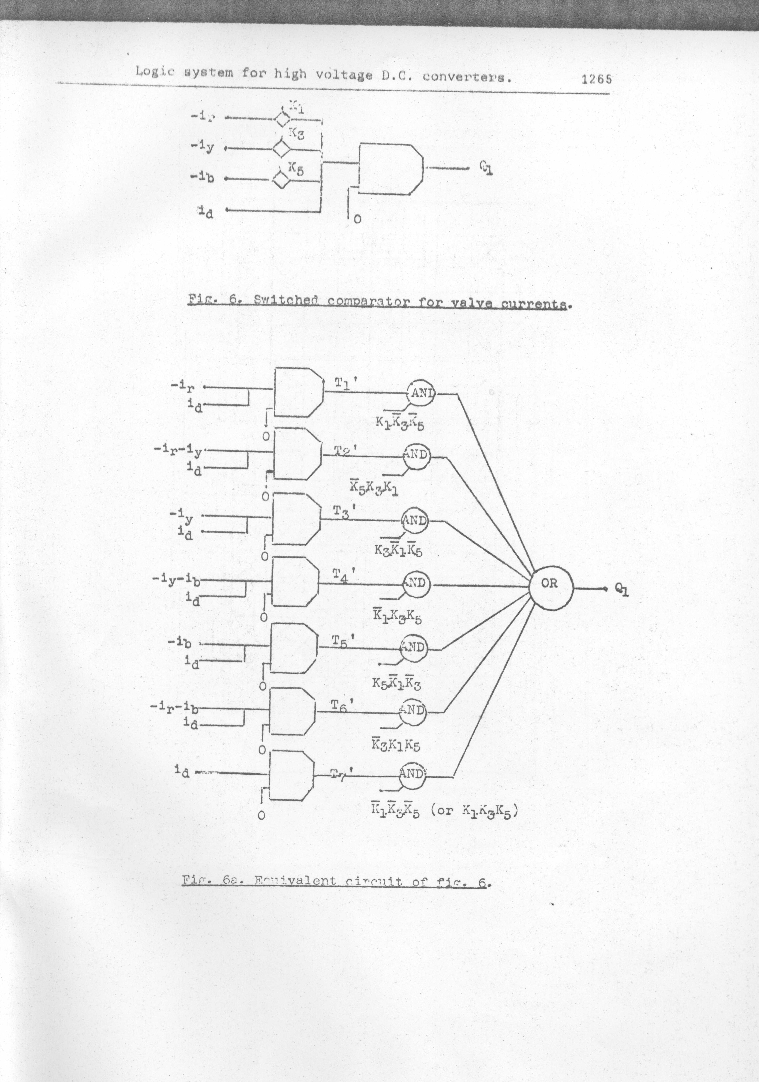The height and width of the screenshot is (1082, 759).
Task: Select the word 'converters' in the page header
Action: point(466,77)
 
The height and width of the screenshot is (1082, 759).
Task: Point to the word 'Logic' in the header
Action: point(155,72)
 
